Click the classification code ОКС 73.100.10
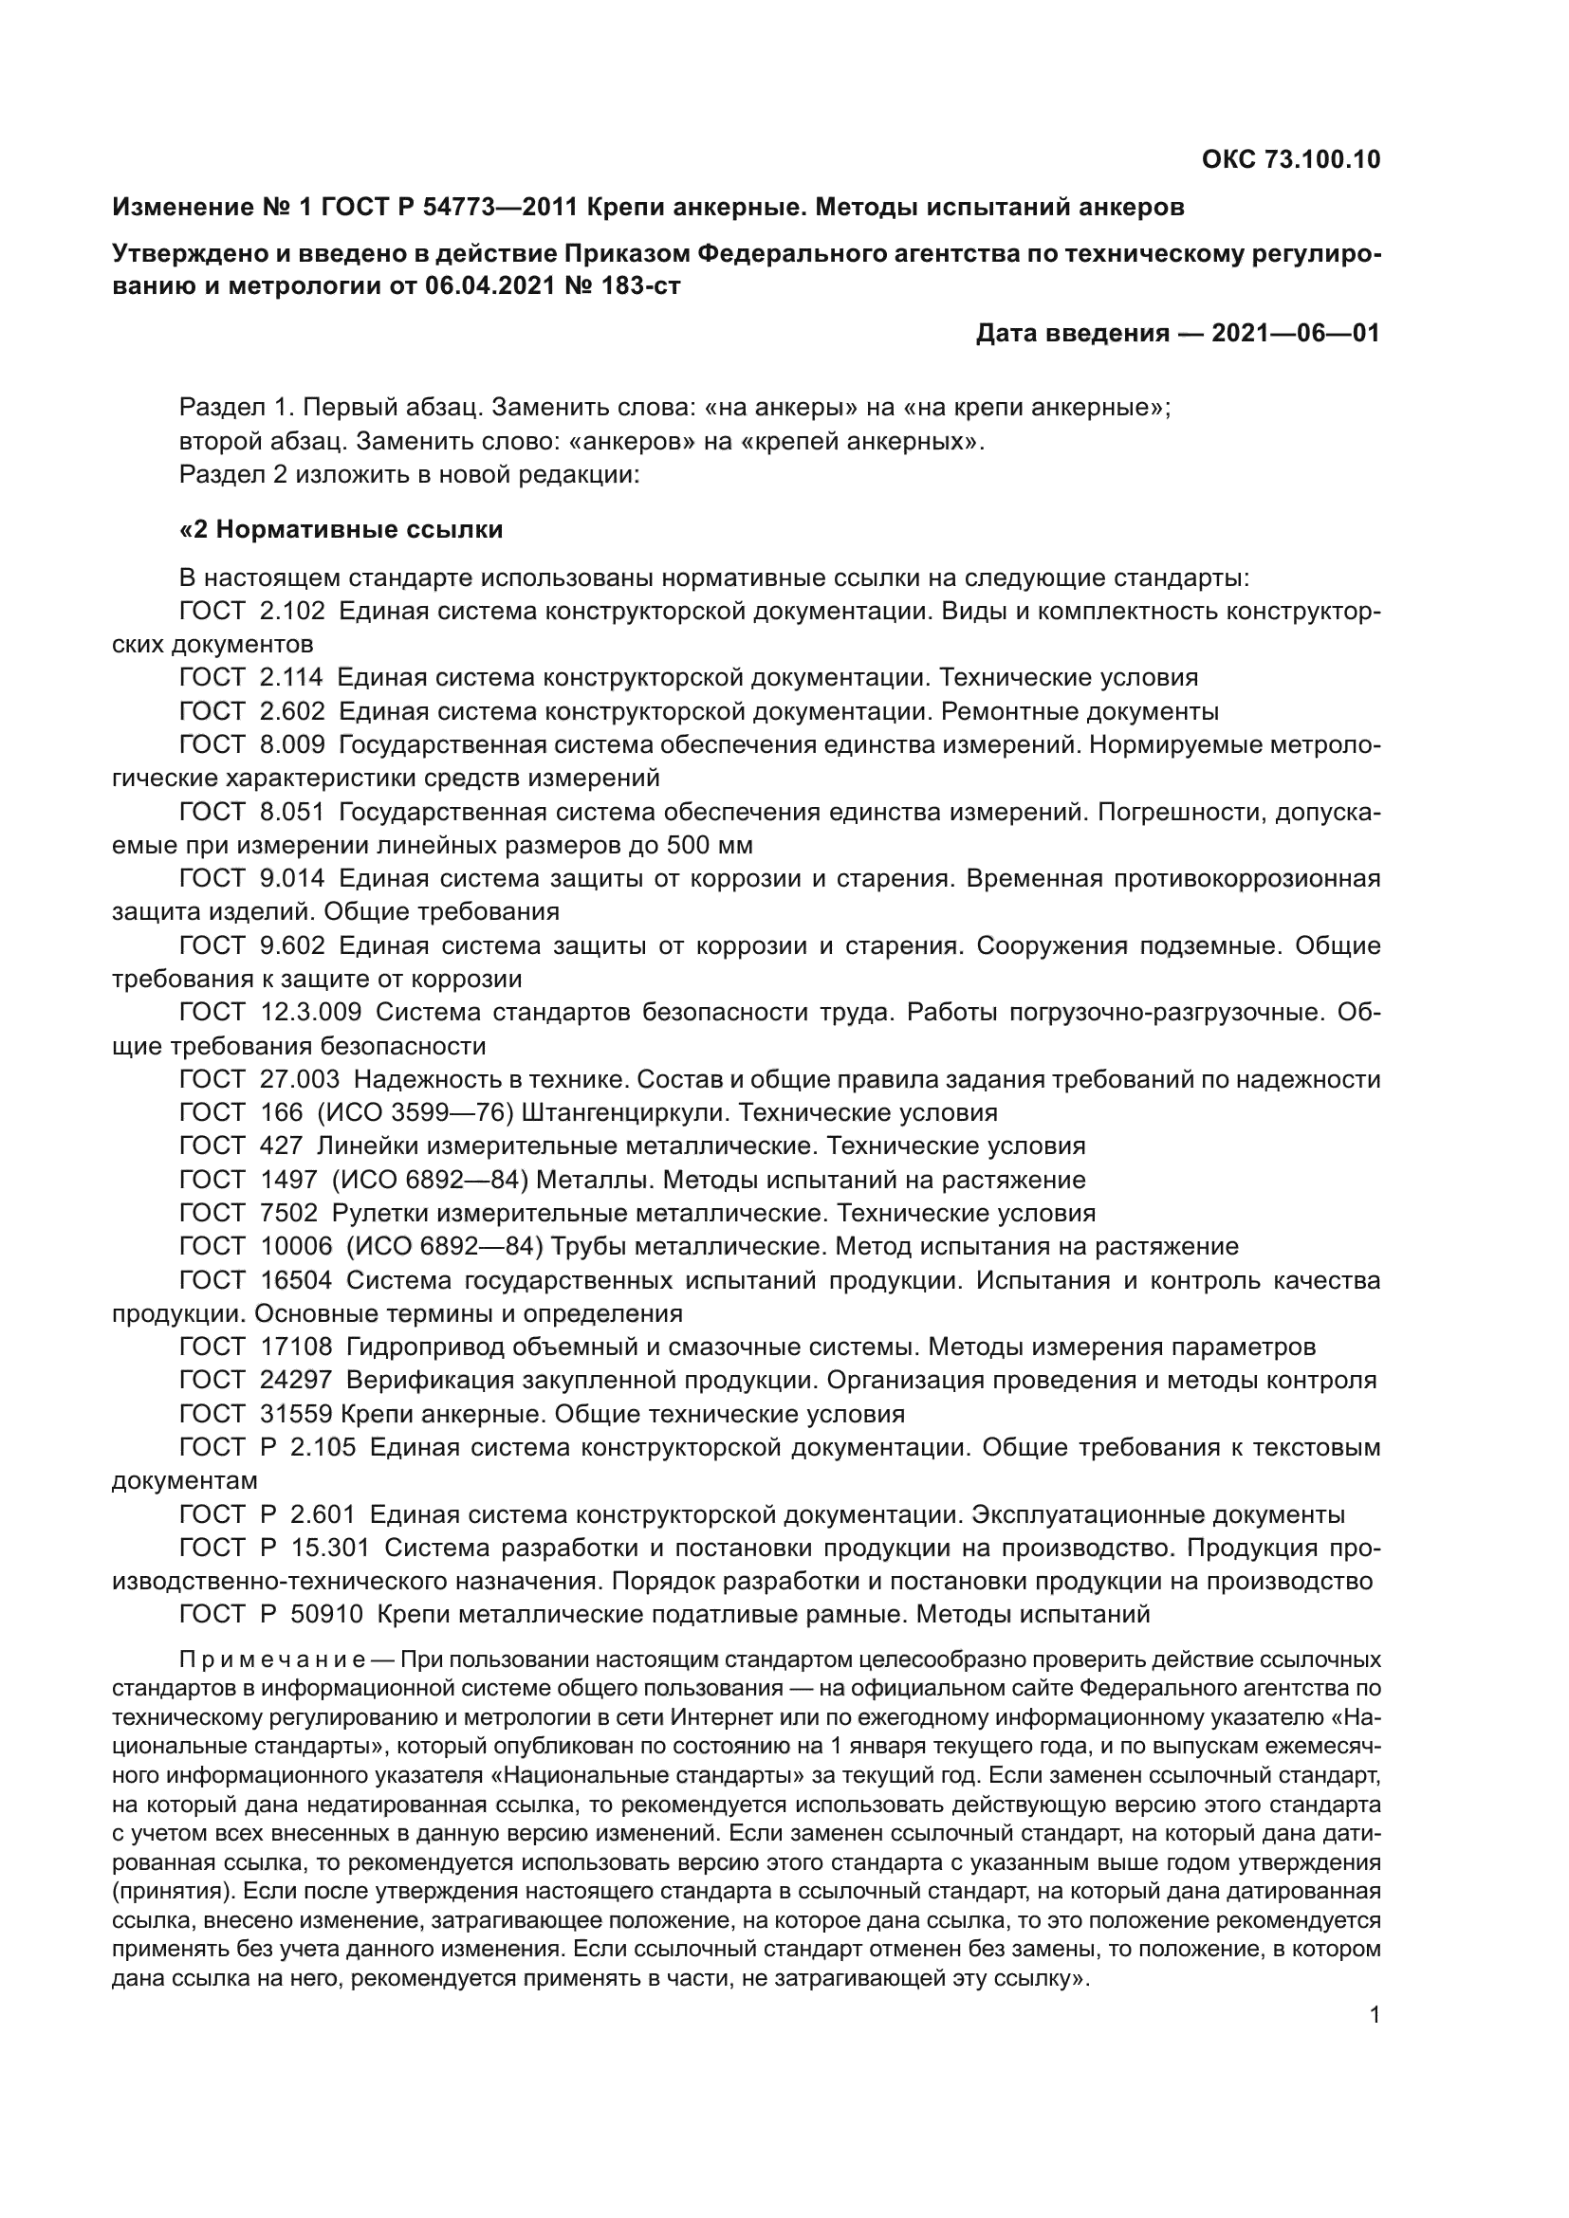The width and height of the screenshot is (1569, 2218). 1291,159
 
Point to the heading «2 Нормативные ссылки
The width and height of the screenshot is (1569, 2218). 341,530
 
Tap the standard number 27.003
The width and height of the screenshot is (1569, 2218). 300,1079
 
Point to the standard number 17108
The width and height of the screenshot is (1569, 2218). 296,1347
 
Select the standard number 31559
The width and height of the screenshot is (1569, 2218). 296,1414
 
